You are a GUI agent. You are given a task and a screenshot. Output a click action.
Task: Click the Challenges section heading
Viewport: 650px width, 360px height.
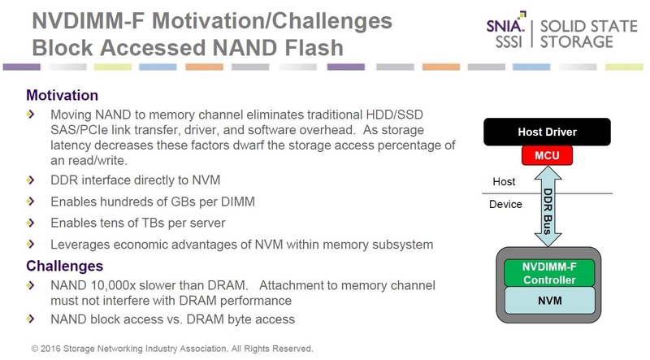coord(65,266)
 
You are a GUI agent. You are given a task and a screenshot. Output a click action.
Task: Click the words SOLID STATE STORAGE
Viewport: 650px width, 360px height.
coord(586,33)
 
